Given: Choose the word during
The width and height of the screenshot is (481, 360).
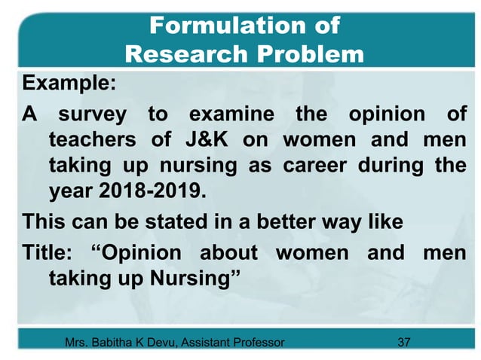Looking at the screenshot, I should (x=398, y=166).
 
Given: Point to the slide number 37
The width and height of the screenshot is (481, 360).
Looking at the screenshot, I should (x=403, y=343).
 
